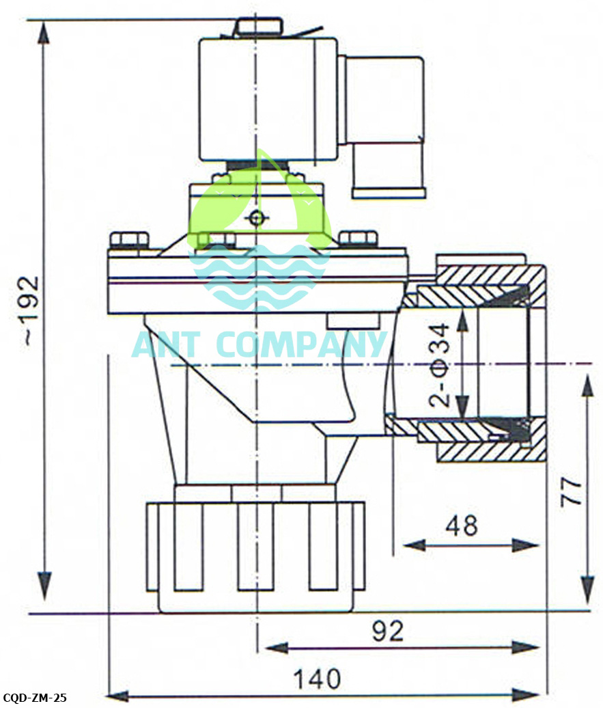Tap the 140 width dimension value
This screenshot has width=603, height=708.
(x=317, y=679)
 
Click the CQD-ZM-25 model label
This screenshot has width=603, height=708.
(x=33, y=698)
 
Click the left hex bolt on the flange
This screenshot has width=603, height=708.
(x=129, y=241)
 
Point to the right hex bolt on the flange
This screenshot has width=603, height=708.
(x=358, y=239)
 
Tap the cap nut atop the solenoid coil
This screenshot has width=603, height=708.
(x=258, y=27)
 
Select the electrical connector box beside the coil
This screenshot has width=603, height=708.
(x=387, y=126)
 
